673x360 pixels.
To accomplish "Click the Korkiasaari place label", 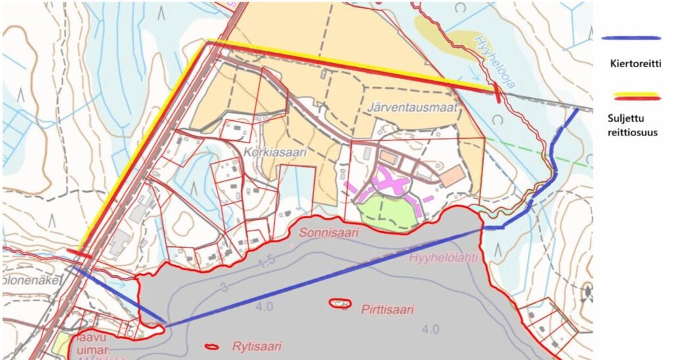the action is coord(271,151).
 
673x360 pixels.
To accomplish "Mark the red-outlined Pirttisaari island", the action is coord(339,303).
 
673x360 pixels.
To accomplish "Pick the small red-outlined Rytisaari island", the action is coord(212,346).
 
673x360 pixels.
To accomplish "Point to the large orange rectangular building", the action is coord(452,176).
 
